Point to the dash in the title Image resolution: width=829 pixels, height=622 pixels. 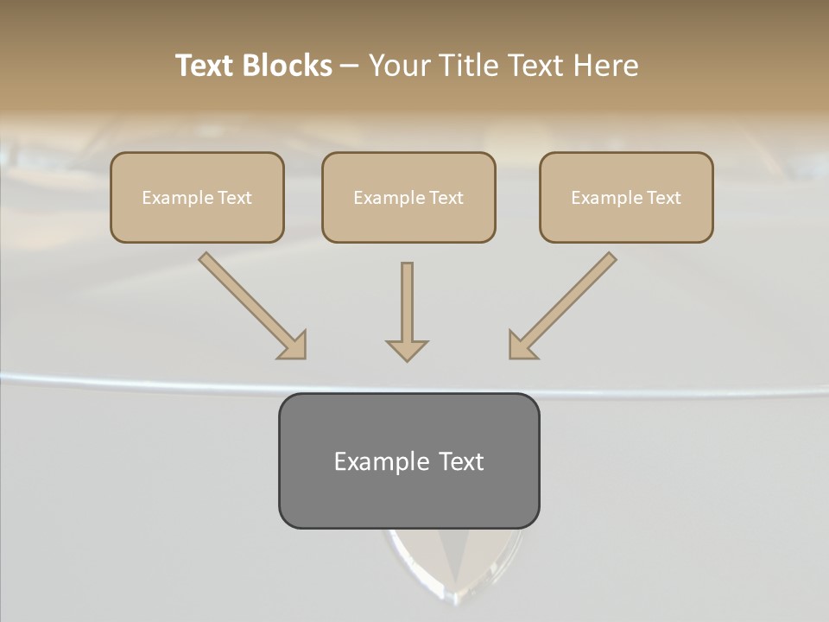coord(350,67)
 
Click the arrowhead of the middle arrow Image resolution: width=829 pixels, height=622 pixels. coord(407,350)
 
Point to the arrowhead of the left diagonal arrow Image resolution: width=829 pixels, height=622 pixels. coord(294,346)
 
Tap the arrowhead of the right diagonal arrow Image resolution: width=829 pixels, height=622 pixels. coord(521,346)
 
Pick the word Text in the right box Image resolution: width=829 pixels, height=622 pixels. coord(663,198)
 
